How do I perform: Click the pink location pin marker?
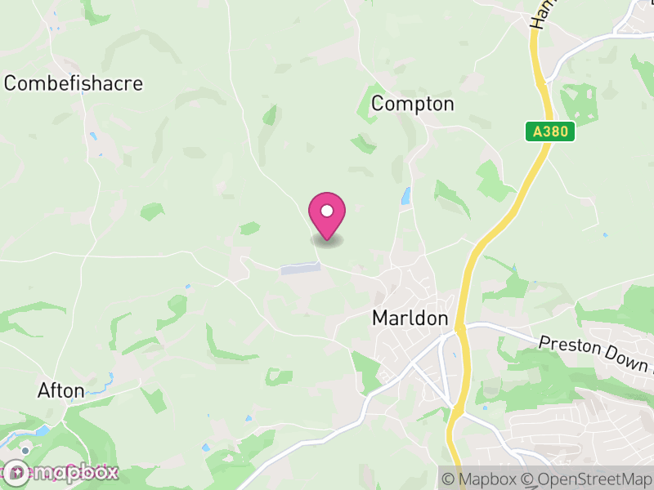(x=327, y=215)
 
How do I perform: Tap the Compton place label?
(x=412, y=104)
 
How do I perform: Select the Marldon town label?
(x=410, y=318)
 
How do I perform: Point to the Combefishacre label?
(x=74, y=83)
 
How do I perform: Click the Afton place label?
(x=61, y=391)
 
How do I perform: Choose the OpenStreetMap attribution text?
(x=586, y=479)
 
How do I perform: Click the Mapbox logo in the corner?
(x=61, y=472)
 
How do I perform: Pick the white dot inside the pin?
(x=327, y=211)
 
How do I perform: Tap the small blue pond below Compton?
(x=405, y=196)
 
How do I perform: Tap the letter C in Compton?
(x=378, y=104)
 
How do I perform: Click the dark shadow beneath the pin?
(x=327, y=240)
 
